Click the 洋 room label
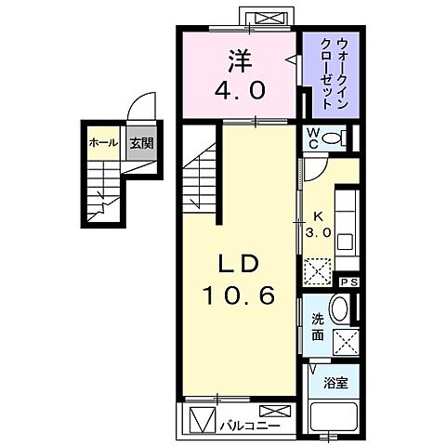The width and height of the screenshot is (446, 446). point(240,62)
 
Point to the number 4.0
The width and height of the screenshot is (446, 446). point(240,91)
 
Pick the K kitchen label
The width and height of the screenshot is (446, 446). point(317,219)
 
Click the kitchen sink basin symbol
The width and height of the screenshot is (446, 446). point(345,242)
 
